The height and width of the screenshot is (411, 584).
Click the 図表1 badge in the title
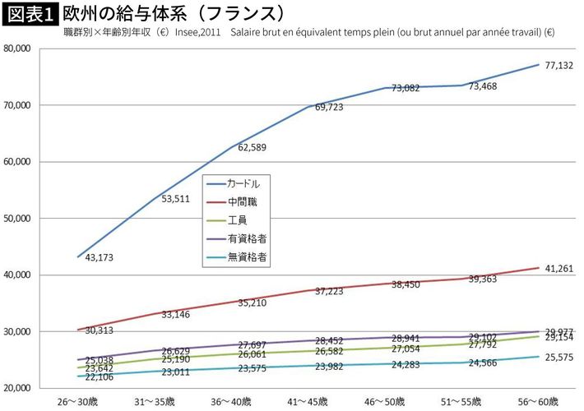coord(30,14)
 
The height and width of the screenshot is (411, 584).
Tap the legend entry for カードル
coord(248,183)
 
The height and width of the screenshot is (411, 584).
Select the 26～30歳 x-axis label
coord(80,402)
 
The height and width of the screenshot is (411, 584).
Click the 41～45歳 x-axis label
coord(309,402)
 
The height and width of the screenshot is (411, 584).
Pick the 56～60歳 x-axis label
coord(539,402)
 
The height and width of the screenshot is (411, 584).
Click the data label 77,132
coord(559,66)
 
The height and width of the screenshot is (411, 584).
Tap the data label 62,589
coord(254,148)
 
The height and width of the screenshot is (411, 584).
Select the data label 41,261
coord(559,269)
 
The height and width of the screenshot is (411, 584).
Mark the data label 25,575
coord(559,358)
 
